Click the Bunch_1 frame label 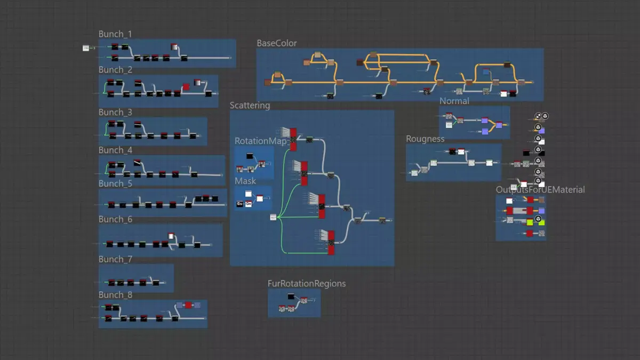(x=115, y=34)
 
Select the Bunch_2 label (x=115, y=70)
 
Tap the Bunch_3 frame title (x=115, y=113)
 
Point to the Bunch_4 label (x=115, y=150)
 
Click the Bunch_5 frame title (x=115, y=183)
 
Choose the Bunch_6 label (x=115, y=219)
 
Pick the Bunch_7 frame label (x=115, y=259)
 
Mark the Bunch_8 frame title (x=115, y=295)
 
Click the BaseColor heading (x=277, y=43)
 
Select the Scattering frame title (x=250, y=106)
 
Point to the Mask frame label (x=245, y=181)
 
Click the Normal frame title (x=454, y=101)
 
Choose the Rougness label (x=425, y=139)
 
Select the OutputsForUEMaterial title (x=540, y=190)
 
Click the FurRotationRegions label (x=307, y=284)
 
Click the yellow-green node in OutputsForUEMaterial (x=530, y=222)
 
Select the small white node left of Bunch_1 (x=86, y=48)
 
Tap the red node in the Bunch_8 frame (x=188, y=305)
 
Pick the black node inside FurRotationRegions (x=291, y=297)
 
